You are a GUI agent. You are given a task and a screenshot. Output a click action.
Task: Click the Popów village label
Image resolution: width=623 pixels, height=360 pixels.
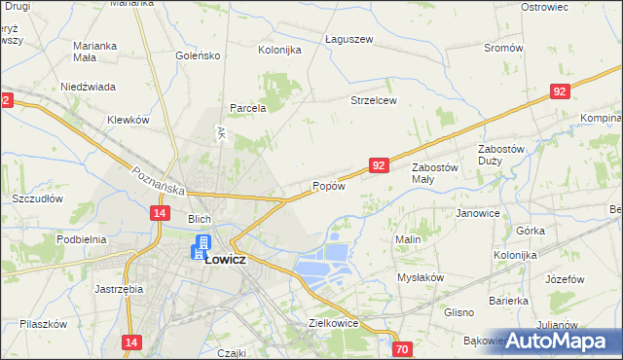[329, 186]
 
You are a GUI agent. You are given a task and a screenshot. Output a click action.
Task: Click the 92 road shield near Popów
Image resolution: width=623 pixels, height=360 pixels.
[380, 166]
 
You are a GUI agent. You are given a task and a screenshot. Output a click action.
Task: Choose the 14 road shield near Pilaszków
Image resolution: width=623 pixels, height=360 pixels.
[132, 342]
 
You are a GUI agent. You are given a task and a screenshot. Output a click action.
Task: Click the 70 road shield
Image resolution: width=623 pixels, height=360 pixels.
[402, 348]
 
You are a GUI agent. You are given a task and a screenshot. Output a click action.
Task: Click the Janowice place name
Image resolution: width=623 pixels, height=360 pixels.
[478, 213]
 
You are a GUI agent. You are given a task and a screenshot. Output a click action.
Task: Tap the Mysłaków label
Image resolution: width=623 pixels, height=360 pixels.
[421, 277]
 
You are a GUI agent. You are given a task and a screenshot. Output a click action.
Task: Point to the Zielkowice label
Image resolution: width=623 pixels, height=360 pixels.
[333, 323]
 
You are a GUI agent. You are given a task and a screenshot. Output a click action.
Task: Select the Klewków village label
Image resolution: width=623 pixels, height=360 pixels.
[128, 120]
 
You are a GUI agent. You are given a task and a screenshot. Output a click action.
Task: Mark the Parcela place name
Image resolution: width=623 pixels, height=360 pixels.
[248, 108]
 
